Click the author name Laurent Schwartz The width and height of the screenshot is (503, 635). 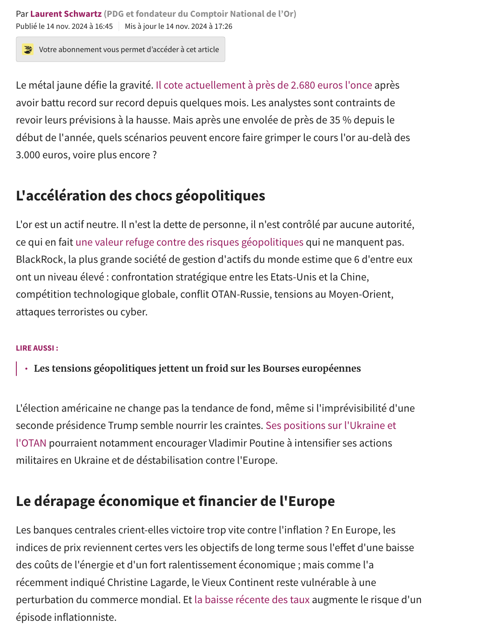[x=66, y=14]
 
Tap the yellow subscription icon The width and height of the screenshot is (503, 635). [x=28, y=49]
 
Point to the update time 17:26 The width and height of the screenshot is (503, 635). [x=223, y=26]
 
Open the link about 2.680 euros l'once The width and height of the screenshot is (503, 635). [x=264, y=85]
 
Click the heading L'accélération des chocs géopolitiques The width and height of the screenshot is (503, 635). [x=140, y=196]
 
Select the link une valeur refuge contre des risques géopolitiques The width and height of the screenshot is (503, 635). [x=189, y=242]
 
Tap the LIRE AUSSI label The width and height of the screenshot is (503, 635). [x=37, y=348]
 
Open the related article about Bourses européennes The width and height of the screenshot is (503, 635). [x=197, y=368]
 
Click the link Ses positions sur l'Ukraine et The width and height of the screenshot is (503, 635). [x=331, y=425]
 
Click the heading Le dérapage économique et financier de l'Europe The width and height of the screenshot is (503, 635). [x=175, y=501]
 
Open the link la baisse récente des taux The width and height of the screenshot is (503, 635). [x=252, y=600]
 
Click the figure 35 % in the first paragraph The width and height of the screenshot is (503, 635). [x=340, y=120]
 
